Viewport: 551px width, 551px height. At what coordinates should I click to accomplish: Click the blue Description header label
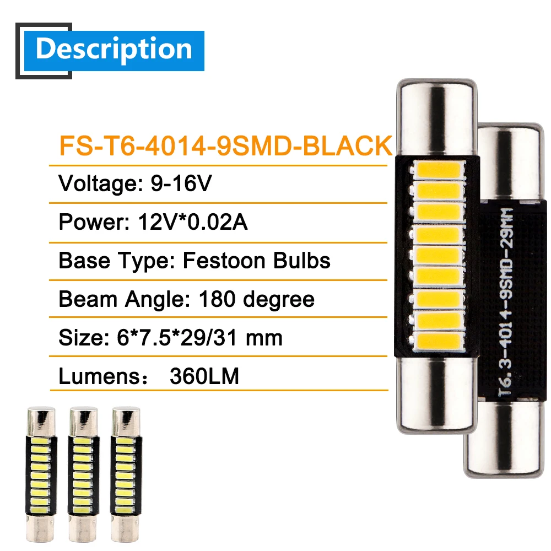click(x=114, y=50)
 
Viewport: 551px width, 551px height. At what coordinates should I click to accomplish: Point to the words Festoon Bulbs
click(x=256, y=260)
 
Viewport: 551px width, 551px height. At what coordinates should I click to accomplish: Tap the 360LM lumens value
click(x=204, y=376)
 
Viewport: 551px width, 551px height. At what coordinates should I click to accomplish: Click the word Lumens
click(x=90, y=376)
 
